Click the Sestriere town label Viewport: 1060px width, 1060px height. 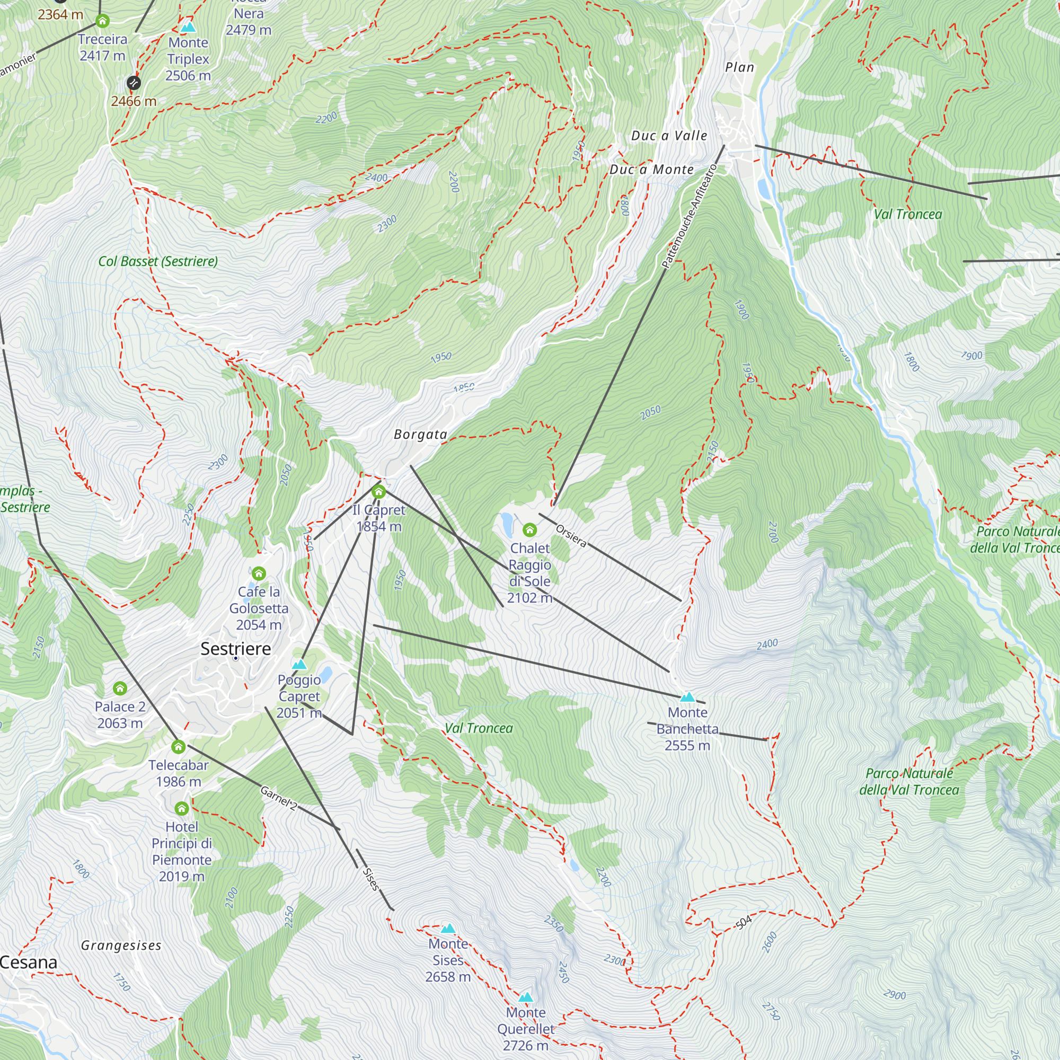[x=235, y=649]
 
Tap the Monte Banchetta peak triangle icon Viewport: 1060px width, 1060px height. [x=687, y=697]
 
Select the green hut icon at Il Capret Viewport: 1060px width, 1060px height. [x=378, y=491]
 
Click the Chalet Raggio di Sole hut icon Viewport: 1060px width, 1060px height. [x=529, y=529]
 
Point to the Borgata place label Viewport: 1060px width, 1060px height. [x=420, y=435]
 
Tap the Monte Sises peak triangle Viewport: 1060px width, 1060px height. [x=448, y=929]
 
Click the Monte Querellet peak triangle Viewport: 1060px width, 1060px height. [x=526, y=997]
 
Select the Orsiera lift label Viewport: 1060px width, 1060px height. [x=571, y=535]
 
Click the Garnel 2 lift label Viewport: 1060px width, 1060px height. [x=278, y=798]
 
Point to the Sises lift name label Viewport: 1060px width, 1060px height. [x=371, y=878]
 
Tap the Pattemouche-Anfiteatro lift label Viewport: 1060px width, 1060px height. [x=690, y=216]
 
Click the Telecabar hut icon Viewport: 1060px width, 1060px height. [x=178, y=747]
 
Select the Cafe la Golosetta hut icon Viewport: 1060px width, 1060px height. [x=259, y=573]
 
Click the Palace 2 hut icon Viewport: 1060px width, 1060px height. [x=120, y=688]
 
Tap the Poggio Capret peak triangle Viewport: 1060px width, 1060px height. [x=299, y=665]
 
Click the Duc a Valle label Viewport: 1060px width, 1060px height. [x=669, y=136]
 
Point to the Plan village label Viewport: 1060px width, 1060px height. [x=739, y=67]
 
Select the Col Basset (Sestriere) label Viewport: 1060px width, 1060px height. [x=158, y=261]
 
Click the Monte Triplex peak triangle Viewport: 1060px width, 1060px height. [x=188, y=27]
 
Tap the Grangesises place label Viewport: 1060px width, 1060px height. [x=121, y=946]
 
